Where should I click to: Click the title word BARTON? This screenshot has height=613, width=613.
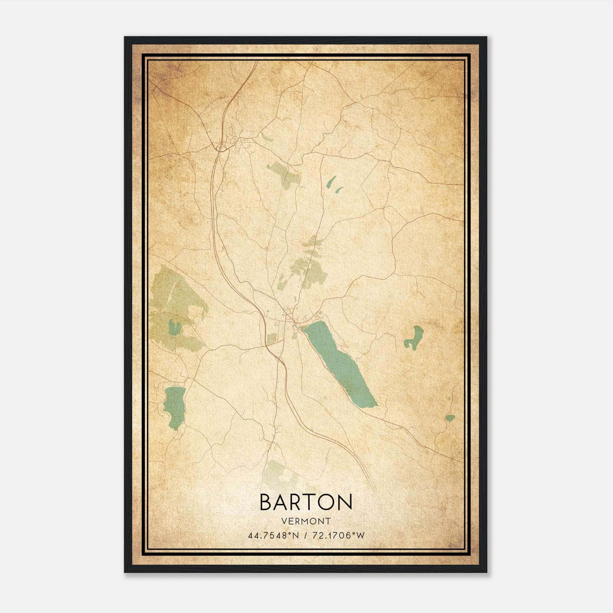306,502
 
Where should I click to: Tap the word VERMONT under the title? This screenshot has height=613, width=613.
306,521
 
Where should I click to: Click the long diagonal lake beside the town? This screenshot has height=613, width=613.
341,364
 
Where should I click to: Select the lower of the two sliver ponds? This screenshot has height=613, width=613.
339,189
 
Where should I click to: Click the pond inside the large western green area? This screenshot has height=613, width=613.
175,328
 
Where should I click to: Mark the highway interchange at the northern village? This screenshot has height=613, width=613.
221,146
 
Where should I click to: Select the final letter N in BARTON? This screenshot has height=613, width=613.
345,502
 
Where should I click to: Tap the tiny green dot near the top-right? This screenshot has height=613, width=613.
432,101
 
